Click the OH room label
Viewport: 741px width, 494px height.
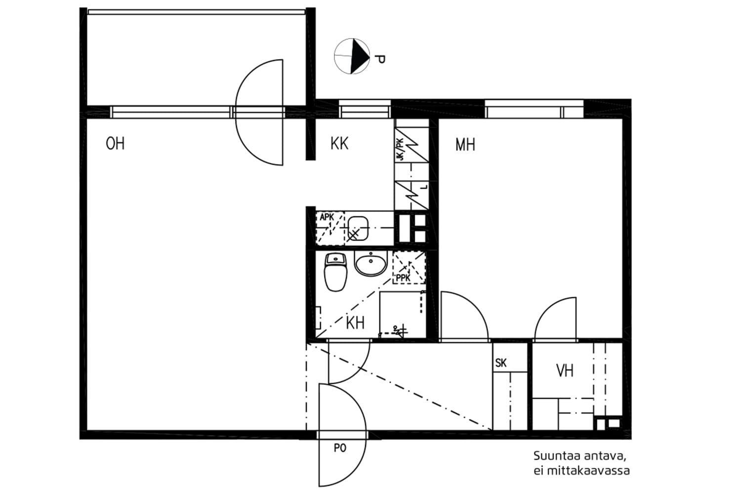point(115,144)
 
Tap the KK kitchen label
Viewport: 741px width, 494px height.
point(339,144)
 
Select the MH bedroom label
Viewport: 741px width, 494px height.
point(465,145)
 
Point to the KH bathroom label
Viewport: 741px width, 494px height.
point(355,323)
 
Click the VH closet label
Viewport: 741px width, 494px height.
point(565,370)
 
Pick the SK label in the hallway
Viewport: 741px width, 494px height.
point(501,364)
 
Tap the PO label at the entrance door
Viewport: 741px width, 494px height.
point(340,449)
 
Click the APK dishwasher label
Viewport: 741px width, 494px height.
point(327,217)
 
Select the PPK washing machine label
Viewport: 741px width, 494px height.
point(403,279)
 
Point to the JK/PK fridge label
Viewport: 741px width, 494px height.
point(400,149)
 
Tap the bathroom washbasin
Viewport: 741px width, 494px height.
point(370,263)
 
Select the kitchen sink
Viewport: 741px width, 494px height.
point(357,227)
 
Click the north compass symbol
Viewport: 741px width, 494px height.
point(352,56)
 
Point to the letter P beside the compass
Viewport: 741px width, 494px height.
point(379,60)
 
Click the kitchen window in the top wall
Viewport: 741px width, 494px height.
point(365,108)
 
